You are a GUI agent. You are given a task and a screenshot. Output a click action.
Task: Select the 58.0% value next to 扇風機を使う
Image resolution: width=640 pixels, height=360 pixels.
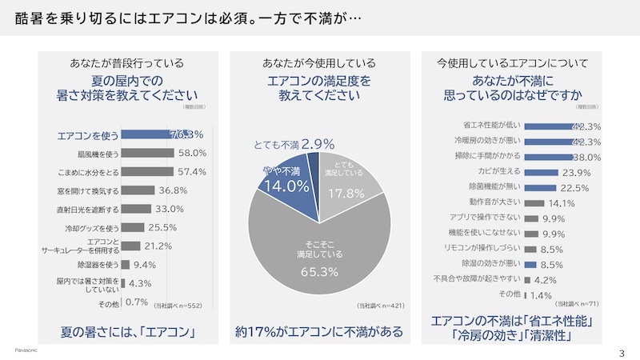193,153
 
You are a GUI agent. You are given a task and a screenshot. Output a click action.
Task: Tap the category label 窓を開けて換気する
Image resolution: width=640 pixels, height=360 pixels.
90,190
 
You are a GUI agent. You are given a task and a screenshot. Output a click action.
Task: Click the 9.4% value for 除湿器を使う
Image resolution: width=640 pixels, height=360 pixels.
145,265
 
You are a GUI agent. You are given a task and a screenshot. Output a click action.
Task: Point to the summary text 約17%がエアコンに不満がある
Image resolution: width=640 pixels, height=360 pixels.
318,331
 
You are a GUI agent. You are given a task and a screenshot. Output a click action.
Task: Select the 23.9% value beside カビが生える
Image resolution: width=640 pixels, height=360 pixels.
577,172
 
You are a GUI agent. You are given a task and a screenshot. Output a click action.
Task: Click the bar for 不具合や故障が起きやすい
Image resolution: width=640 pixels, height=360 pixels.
527,279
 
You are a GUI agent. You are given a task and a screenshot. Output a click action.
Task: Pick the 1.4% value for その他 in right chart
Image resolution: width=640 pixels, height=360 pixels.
541,295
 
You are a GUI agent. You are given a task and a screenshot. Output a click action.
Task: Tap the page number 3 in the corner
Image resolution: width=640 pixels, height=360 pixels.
622,353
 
